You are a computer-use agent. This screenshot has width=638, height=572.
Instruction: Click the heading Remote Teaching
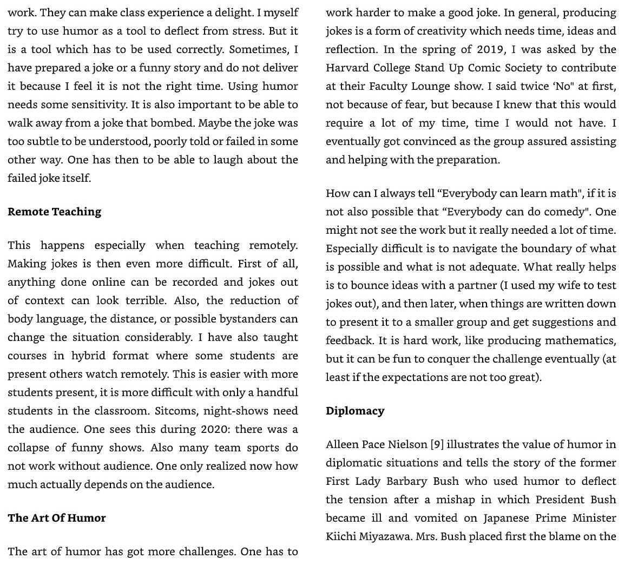[54, 212]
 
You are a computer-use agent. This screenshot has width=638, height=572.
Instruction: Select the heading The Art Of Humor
[57, 518]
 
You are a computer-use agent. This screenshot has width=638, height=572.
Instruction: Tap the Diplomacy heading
[355, 411]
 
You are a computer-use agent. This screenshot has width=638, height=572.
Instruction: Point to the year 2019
[490, 49]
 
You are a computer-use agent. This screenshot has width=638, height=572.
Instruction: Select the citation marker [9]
[437, 444]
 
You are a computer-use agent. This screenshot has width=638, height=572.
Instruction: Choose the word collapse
[29, 448]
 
